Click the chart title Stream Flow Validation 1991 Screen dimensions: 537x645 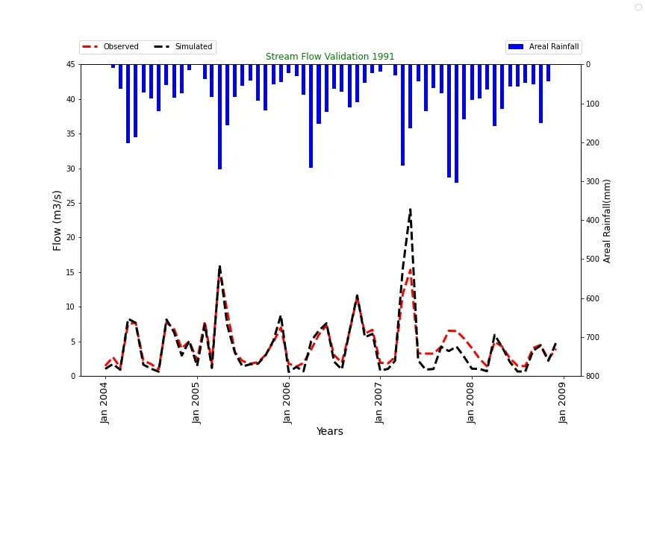(330, 57)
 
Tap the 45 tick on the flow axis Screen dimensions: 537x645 (70, 64)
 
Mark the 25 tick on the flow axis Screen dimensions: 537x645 (70, 203)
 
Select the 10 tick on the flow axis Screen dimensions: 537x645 (70, 307)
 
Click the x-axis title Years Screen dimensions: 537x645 (329, 432)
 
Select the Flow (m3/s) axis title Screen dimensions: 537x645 (57, 220)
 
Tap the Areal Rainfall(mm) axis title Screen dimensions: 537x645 (608, 221)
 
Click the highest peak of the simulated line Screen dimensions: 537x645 (410, 210)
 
